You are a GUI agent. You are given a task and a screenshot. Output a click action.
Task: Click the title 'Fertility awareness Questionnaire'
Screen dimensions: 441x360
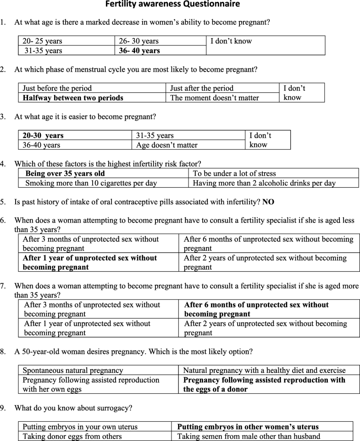click(172, 5)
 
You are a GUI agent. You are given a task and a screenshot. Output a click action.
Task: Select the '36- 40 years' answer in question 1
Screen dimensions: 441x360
click(139, 50)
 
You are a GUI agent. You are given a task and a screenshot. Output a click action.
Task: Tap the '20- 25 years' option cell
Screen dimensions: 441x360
click(42, 41)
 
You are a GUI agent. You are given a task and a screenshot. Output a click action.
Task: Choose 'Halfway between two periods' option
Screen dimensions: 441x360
click(73, 98)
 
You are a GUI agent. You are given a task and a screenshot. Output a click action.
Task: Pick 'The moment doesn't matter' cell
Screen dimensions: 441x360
click(214, 98)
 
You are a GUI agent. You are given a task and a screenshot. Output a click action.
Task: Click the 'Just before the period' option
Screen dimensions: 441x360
click(57, 88)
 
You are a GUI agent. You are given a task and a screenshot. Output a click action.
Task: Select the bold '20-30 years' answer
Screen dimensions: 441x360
click(43, 136)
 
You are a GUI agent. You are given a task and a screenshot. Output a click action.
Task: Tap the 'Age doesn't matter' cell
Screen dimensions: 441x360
click(167, 145)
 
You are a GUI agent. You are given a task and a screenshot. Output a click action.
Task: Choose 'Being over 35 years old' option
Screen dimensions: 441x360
click(65, 173)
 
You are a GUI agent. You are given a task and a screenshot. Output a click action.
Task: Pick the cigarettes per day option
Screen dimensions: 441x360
click(91, 183)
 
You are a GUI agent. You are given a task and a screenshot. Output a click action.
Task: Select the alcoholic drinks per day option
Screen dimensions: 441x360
click(264, 183)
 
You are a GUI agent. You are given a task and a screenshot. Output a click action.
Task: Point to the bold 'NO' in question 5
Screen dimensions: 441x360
click(268, 202)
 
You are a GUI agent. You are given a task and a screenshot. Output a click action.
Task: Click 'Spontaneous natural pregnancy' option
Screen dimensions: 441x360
click(73, 370)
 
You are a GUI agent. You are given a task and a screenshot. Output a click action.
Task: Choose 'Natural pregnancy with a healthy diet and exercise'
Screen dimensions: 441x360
click(264, 370)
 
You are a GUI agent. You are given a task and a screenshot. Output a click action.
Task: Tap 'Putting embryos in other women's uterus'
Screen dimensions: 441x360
click(254, 427)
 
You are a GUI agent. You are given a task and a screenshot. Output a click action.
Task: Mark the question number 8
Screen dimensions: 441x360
click(3, 352)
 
